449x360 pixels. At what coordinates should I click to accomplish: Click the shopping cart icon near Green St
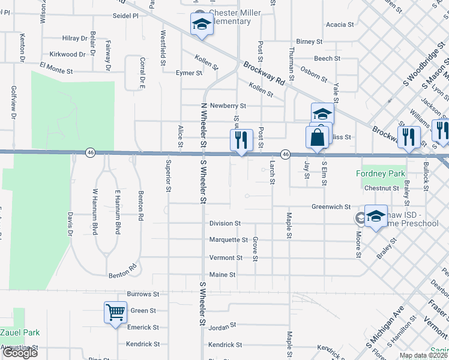pos(115,312)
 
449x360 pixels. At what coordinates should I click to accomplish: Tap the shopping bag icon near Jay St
pos(318,136)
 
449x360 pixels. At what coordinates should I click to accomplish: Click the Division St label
pos(225,223)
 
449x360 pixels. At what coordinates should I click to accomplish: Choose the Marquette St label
pos(229,240)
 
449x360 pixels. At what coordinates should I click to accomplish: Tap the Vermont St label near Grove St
pos(226,258)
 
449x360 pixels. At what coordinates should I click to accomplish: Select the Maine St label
pos(222,275)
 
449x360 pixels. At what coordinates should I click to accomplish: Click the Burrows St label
pos(143,295)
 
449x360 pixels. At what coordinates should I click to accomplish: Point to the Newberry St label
pos(224,105)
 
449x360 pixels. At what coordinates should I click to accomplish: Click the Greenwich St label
pos(331,207)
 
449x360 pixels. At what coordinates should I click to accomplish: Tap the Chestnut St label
pos(382,188)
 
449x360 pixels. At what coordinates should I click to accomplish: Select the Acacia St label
pos(340,25)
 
